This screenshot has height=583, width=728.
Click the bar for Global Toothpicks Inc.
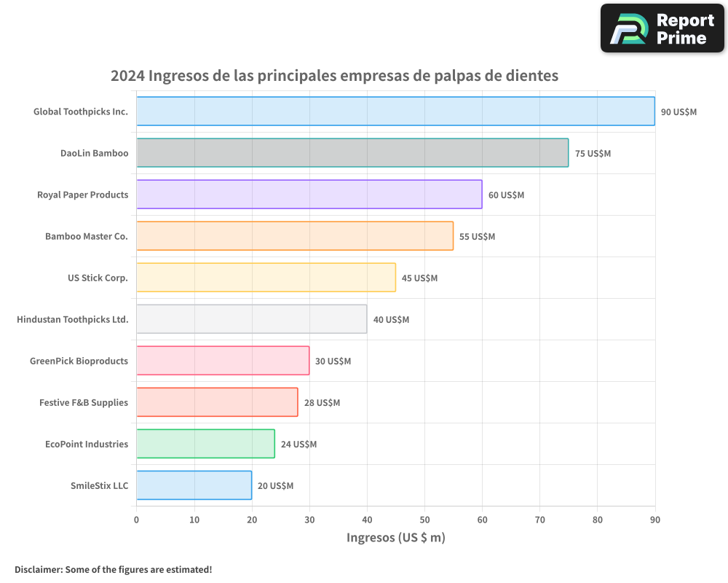click(395, 111)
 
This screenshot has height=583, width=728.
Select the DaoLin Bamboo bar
click(352, 153)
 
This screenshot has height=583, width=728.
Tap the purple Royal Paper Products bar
click(309, 195)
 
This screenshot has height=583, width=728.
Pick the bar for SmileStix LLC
click(194, 485)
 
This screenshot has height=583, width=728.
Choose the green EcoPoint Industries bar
click(205, 444)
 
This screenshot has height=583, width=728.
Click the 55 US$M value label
click(477, 237)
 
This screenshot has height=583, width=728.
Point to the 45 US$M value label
click(419, 278)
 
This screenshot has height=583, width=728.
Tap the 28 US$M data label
click(322, 403)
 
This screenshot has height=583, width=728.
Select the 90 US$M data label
click(678, 112)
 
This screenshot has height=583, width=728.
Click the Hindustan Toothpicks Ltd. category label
click(73, 319)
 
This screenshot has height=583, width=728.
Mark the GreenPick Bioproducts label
click(79, 361)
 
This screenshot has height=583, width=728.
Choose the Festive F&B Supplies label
click(84, 402)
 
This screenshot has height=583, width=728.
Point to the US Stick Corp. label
click(98, 278)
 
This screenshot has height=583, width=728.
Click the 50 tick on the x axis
click(424, 520)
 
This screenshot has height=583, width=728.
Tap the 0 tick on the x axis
click(136, 520)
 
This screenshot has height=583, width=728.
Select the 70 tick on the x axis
click(539, 520)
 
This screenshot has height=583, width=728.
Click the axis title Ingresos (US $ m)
click(395, 538)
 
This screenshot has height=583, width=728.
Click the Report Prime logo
click(662, 28)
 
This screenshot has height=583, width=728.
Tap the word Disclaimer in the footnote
click(37, 569)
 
